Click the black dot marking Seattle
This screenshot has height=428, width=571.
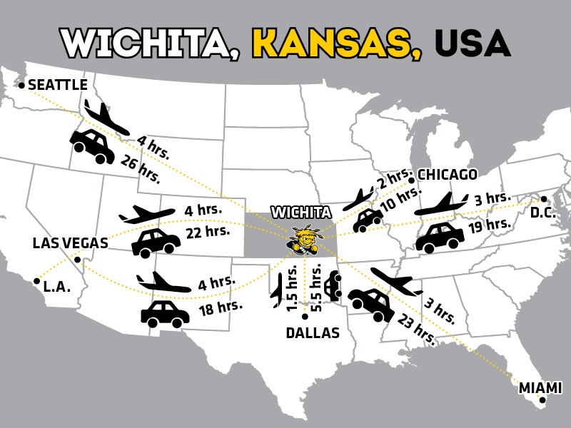(22, 86)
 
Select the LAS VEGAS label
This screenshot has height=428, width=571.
(70, 243)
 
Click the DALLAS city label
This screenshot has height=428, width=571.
(313, 332)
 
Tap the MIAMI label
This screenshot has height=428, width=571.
(540, 388)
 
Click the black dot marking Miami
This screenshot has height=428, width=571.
(543, 400)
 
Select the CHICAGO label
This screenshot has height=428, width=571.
(448, 175)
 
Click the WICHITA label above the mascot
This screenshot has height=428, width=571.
(301, 213)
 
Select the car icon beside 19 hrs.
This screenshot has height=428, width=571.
(439, 238)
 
